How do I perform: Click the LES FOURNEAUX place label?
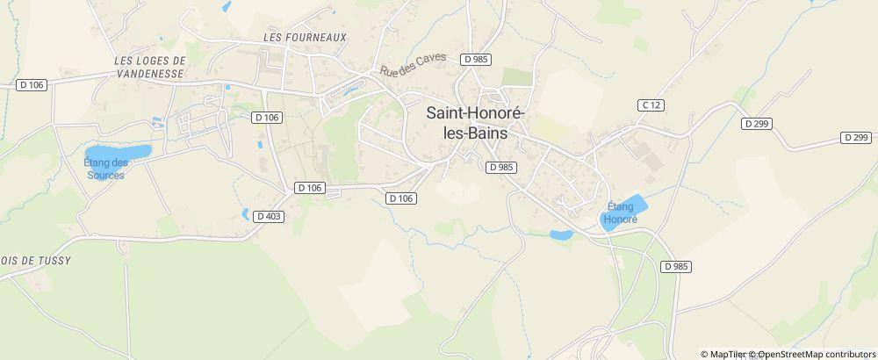[305, 37]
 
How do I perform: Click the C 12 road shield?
[649, 105]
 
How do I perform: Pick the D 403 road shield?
[269, 216]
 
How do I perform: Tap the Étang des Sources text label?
[105, 169]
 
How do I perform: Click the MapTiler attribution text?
[728, 354]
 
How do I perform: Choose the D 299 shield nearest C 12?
[755, 124]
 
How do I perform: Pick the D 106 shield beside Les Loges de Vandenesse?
[31, 84]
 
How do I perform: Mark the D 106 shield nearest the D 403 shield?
[310, 187]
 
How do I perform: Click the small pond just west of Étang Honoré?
[560, 234]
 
